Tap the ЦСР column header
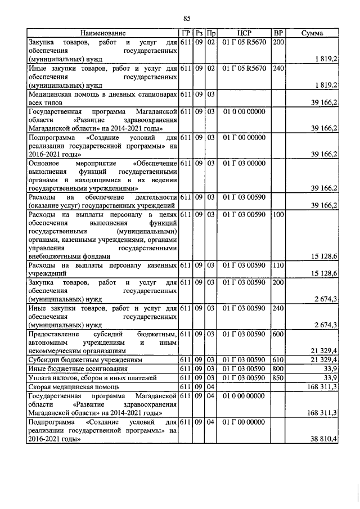[244, 33]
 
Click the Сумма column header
[312, 33]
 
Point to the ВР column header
[277, 33]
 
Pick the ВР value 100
[277, 215]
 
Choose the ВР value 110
[277, 264]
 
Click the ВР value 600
[277, 334]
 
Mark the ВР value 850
[277, 377]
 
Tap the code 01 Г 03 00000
[244, 163]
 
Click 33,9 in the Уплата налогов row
[330, 377]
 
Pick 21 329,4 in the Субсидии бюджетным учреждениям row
[323, 359]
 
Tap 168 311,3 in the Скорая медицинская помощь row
[321, 386]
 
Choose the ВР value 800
[277, 368]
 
